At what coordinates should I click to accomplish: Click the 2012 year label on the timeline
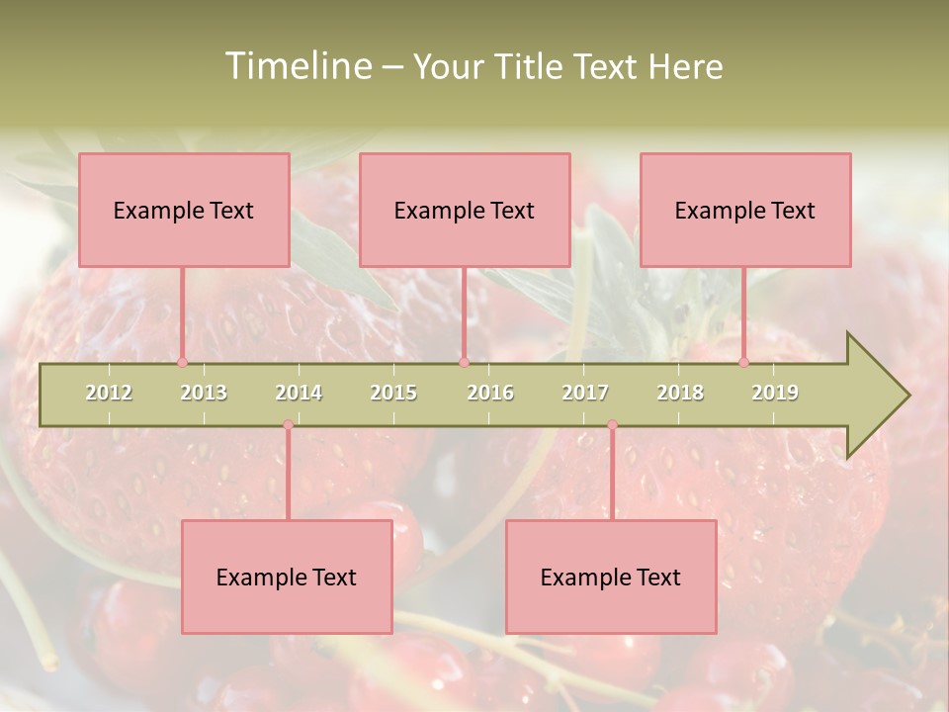pos(109,393)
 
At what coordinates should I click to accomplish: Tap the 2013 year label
pos(204,393)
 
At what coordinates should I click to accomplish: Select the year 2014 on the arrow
pos(299,393)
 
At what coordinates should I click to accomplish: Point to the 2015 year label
pos(393,393)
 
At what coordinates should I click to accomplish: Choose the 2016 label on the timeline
pos(490,393)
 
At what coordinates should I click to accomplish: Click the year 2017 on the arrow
pos(585,393)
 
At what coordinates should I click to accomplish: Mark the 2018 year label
pos(680,393)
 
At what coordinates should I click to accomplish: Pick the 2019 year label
pos(775,393)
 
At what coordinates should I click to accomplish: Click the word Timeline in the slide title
pos(298,66)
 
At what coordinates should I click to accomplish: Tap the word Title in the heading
pos(529,66)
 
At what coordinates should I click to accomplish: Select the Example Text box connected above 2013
pos(184,210)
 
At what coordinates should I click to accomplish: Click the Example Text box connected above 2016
pos(465,210)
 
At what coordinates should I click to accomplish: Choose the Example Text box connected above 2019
pos(745,210)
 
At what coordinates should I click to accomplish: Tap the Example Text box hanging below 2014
pos(287,577)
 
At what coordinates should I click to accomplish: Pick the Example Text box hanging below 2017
pos(611,577)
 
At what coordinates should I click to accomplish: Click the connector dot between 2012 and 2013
pos(182,363)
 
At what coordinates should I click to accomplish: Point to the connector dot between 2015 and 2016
pos(464,363)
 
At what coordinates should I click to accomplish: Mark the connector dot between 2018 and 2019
pos(743,363)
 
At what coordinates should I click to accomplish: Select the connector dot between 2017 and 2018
pos(612,425)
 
